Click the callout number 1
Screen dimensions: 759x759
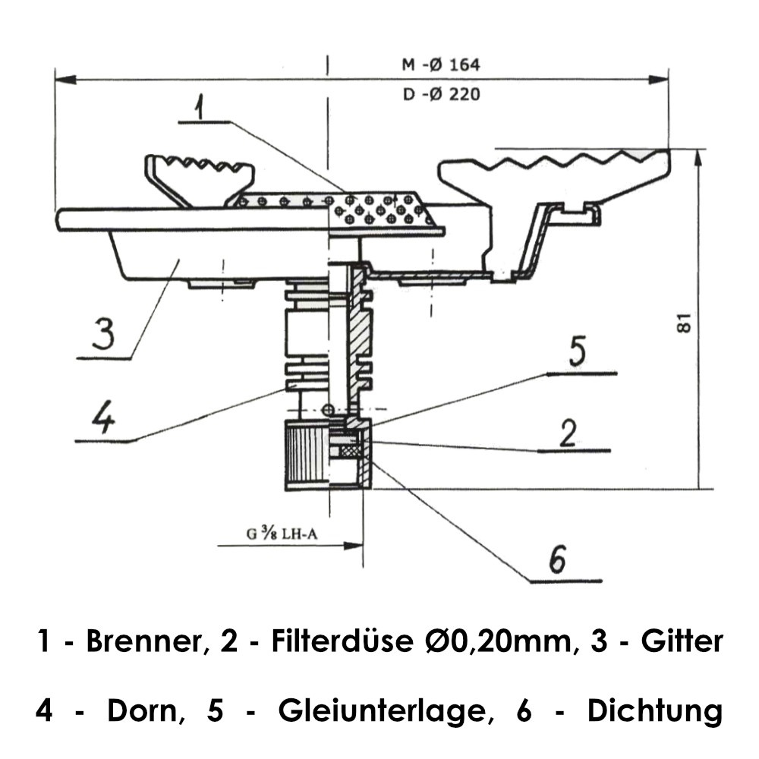pos(198,106)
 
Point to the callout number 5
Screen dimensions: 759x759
pos(578,354)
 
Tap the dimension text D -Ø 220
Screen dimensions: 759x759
pos(441,95)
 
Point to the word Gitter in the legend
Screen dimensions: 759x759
pos(682,642)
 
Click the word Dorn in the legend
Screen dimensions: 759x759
pos(144,712)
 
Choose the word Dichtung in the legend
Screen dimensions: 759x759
pos(654,712)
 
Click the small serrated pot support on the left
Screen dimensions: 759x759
pos(200,178)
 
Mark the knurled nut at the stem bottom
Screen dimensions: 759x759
pos(307,455)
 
